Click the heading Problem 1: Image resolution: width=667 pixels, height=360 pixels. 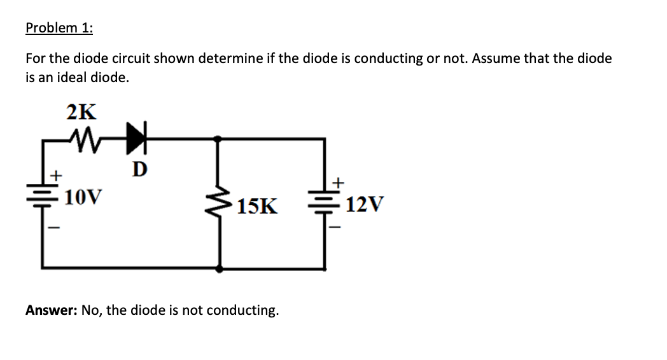pos(59,28)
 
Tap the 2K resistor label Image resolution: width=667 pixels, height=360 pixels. pos(81,112)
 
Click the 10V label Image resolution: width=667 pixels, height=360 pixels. pos(83,197)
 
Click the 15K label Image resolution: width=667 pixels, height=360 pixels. pos(258,206)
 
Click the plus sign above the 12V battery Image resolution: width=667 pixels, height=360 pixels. pos(338,183)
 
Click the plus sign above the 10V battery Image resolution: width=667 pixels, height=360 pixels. pos(56,173)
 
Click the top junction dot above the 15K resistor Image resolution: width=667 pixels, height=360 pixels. pos(219,138)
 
